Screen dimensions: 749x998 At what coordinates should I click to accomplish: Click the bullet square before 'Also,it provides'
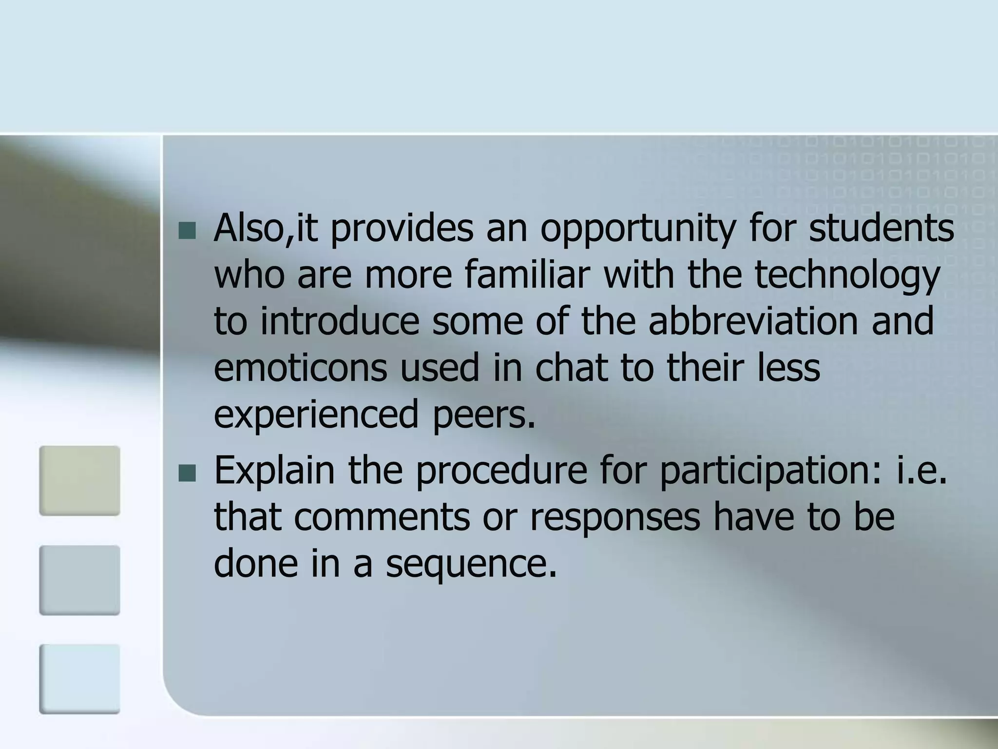(187, 231)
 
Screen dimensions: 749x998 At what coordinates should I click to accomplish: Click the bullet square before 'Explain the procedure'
(187, 473)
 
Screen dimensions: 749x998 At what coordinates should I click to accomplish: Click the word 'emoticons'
(300, 368)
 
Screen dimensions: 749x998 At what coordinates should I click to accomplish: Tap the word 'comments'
(382, 518)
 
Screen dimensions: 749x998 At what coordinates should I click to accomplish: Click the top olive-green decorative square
(79, 480)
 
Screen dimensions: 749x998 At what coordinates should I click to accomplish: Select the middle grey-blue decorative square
(79, 580)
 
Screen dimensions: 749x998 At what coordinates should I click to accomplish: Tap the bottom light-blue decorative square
(79, 679)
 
